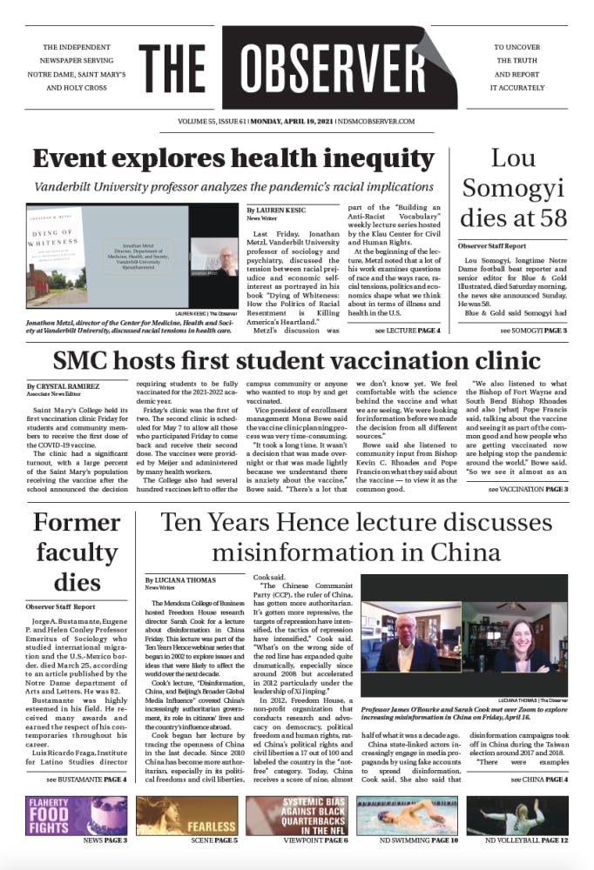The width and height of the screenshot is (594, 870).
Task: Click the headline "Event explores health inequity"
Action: [233, 159]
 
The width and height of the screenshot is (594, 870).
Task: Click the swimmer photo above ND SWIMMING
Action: [408, 815]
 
